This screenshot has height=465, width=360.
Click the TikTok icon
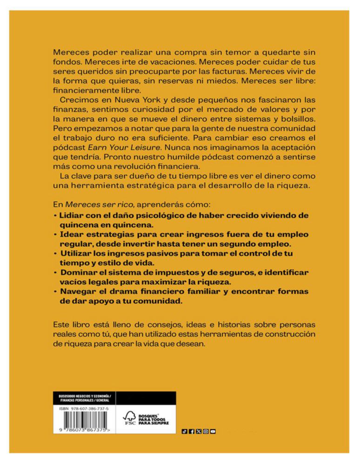[184, 432]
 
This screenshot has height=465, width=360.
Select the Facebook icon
[192, 432]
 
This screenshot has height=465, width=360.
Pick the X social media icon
[199, 432]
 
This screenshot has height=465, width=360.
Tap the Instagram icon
[206, 432]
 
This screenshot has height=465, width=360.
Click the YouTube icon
[213, 432]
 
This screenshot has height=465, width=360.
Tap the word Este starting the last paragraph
[62, 323]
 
